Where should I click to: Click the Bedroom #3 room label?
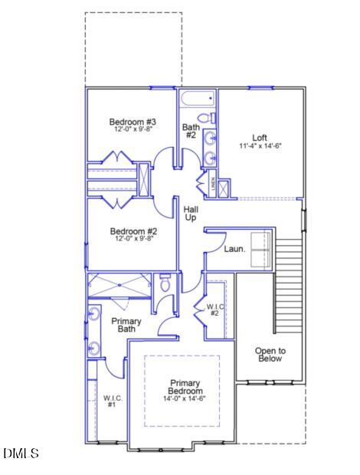(133, 122)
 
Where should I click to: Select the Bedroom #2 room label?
(133, 231)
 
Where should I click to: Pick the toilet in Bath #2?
(211, 119)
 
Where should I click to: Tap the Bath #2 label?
(190, 130)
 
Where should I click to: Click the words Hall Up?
(190, 212)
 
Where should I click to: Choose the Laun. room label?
(234, 249)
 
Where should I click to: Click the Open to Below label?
(270, 354)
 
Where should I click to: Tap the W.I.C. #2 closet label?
(214, 310)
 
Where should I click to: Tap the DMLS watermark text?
(21, 454)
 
